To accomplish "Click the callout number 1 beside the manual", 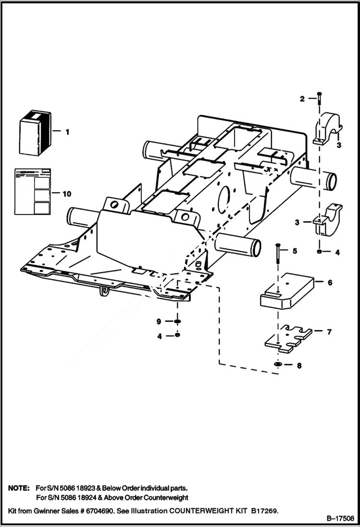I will tap(67, 131).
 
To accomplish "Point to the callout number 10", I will tap(67, 194).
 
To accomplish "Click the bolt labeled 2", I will tap(319, 103).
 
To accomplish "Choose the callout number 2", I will tap(302, 99).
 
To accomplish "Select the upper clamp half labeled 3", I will tap(328, 128).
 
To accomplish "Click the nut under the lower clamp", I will tap(320, 251).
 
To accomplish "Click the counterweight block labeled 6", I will tap(287, 291).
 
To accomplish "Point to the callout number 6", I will tap(330, 282).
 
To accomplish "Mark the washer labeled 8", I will tap(278, 365).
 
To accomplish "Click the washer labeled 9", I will tap(177, 321).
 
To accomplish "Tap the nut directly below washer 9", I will tap(177, 336).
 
